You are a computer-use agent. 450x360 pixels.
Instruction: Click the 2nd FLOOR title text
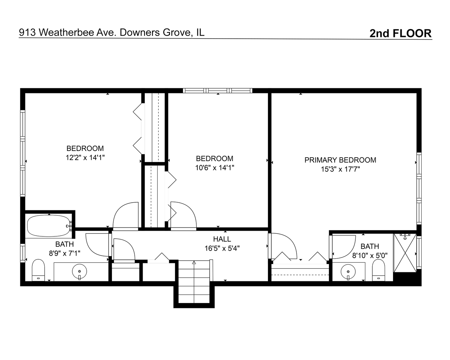(400, 33)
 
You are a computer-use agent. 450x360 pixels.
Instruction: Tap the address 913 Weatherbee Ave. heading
(67, 32)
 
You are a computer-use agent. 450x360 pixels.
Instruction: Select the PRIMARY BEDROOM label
(340, 160)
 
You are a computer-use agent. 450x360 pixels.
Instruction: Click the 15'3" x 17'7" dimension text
(340, 169)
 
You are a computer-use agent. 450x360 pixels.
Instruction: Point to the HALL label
(222, 239)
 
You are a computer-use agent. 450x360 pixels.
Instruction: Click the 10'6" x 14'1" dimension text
(215, 168)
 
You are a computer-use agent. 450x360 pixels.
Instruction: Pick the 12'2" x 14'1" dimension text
(85, 158)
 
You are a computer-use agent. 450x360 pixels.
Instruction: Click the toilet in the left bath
(38, 270)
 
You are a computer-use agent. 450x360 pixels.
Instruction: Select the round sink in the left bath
(79, 271)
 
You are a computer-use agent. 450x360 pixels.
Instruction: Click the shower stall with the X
(405, 253)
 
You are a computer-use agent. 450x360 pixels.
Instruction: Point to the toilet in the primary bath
(378, 270)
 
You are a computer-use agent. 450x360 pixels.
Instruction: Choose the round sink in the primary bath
(348, 272)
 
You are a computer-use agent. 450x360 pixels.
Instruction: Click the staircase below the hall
(194, 281)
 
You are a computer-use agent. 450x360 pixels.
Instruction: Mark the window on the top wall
(218, 91)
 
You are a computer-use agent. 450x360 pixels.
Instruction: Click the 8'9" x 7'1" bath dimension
(65, 253)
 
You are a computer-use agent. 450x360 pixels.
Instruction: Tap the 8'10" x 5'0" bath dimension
(370, 255)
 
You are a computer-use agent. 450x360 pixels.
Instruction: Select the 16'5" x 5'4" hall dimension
(222, 248)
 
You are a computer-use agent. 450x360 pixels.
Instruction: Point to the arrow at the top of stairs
(194, 262)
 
